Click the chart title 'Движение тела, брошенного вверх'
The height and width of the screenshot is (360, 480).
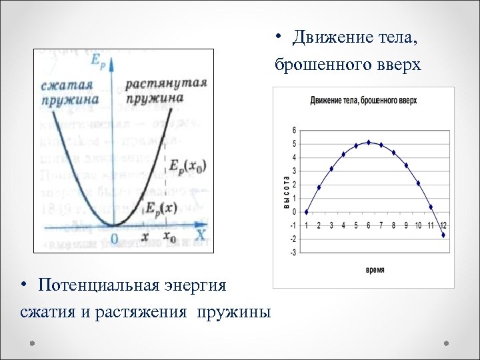pyautogui.click(x=363, y=101)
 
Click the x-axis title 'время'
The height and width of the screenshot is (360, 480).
pyautogui.click(x=375, y=270)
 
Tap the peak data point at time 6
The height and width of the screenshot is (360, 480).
pyautogui.click(x=369, y=142)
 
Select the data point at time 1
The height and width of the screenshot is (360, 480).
pyautogui.click(x=306, y=212)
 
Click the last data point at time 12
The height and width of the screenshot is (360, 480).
pyautogui.click(x=443, y=235)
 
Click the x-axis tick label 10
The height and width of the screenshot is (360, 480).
pyautogui.click(x=418, y=225)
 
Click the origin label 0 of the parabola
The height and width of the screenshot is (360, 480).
pyautogui.click(x=114, y=238)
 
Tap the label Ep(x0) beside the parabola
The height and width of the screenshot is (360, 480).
pyautogui.click(x=184, y=165)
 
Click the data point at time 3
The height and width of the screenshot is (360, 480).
pyautogui.click(x=331, y=169)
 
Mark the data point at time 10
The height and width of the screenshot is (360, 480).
pyautogui.click(x=418, y=183)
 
